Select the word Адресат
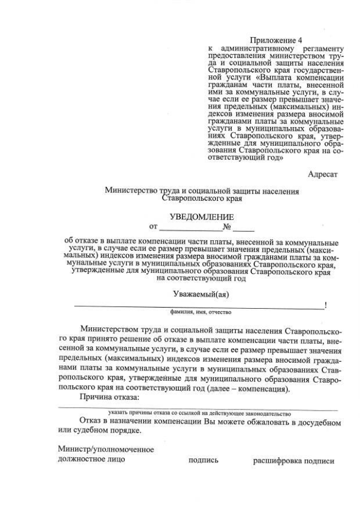pyautogui.click(x=322, y=174)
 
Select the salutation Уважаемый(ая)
pyautogui.click(x=201, y=294)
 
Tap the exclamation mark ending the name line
pyautogui.click(x=326, y=305)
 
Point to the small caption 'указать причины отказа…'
pyautogui.click(x=199, y=413)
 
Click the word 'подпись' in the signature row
pyautogui.click(x=203, y=461)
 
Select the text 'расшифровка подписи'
pyautogui.click(x=294, y=461)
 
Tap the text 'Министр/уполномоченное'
pyautogui.click(x=106, y=450)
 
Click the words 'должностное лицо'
pyautogui.click(x=91, y=460)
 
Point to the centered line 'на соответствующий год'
pyautogui.click(x=201, y=278)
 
